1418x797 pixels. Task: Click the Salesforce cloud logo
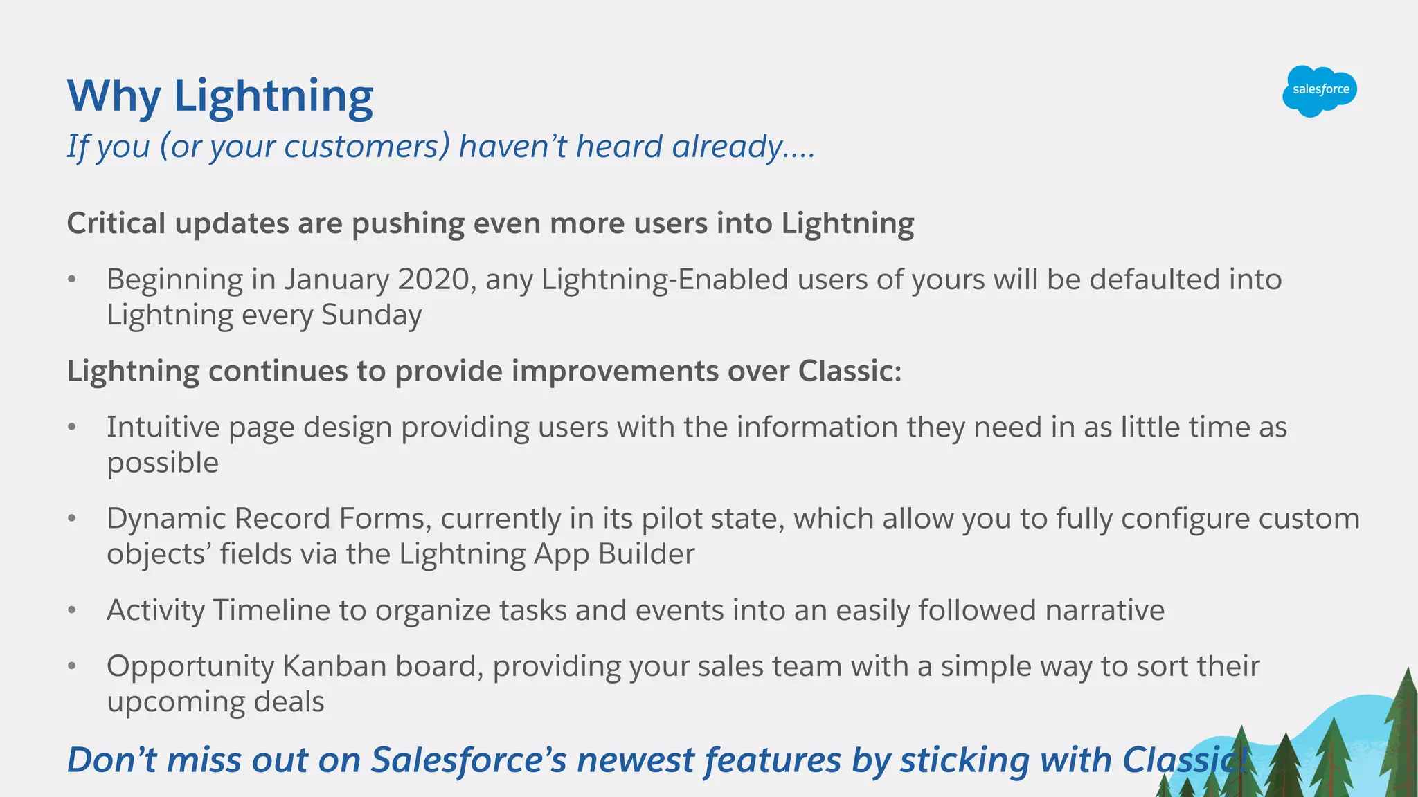coord(1320,90)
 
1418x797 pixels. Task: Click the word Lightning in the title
coord(273,96)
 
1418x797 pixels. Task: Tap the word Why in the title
coord(114,96)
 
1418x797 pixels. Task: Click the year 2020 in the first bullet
coord(433,280)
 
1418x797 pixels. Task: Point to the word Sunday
coord(371,315)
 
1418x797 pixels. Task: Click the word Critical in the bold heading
coord(116,224)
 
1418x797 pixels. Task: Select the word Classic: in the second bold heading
coord(850,372)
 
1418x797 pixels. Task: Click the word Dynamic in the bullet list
coord(165,519)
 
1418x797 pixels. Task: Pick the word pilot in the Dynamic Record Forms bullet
coord(665,519)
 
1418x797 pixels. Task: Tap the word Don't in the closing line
coord(111,760)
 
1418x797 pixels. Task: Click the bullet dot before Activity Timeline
coord(71,611)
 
